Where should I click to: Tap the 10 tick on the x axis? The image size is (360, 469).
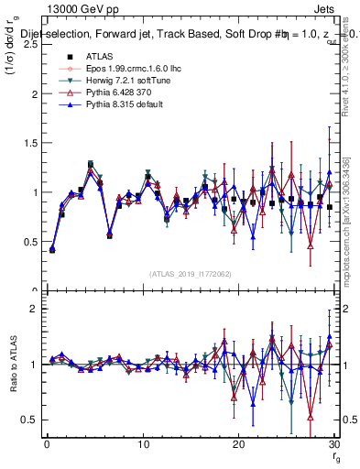[142, 444]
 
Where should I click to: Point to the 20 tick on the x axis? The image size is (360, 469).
[238, 444]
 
